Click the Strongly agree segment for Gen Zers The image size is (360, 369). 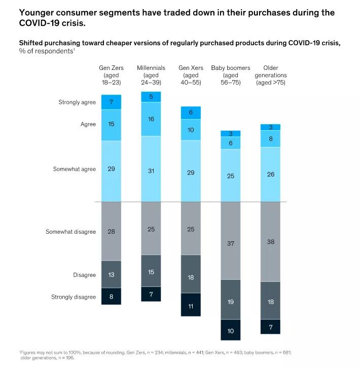[111, 102]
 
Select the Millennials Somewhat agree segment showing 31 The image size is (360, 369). [151, 171]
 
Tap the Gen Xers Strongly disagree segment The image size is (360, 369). [191, 306]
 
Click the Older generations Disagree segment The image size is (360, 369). [271, 301]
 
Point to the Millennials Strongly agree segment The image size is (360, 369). [151, 96]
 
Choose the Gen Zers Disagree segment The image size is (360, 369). [111, 275]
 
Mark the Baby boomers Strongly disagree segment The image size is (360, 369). [231, 330]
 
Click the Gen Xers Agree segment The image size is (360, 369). [191, 130]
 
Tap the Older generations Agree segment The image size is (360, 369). [271, 138]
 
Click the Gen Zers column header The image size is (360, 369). [111, 75]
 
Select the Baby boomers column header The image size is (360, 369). [230, 75]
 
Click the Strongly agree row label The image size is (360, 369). [77, 102]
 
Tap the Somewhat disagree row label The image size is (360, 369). [70, 232]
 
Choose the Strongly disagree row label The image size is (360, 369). [74, 297]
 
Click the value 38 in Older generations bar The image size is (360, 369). [271, 242]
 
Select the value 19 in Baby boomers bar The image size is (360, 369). [231, 302]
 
